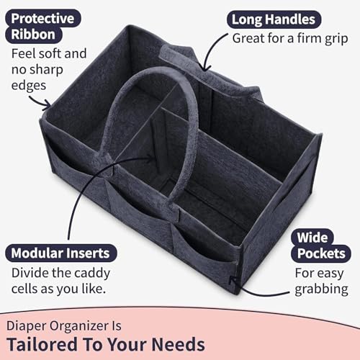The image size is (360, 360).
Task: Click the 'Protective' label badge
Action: [x=43, y=19]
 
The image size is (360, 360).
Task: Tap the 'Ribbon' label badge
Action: [x=34, y=35]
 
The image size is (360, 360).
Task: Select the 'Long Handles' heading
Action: [x=274, y=19]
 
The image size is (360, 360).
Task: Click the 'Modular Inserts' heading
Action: [x=60, y=253]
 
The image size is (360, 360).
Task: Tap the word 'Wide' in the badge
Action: [x=312, y=238]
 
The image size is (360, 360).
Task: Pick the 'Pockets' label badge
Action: [x=321, y=253]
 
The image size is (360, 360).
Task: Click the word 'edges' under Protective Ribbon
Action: [x=29, y=86]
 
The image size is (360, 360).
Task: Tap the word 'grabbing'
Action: [x=322, y=289]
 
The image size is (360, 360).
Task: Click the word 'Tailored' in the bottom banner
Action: [x=42, y=344]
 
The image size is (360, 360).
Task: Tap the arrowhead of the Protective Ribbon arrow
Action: [x=48, y=105]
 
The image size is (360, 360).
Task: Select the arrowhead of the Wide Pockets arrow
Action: [x=232, y=279]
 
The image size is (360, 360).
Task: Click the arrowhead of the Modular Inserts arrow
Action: [x=149, y=158]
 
